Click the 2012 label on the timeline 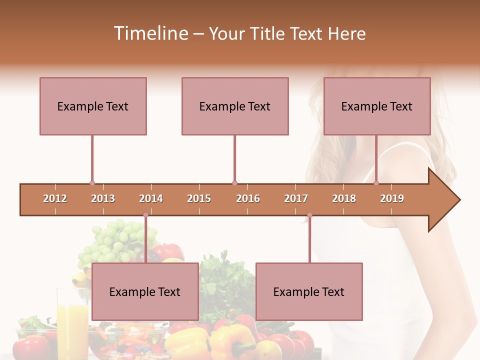[x=55, y=198]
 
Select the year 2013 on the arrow [x=103, y=198]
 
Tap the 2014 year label [x=151, y=198]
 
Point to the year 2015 [x=199, y=198]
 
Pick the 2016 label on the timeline [x=248, y=198]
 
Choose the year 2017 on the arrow [x=296, y=198]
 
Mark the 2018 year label [x=344, y=198]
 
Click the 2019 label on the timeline [x=392, y=198]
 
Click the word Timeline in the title [x=149, y=33]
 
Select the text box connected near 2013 [x=93, y=106]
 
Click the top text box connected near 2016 [x=235, y=106]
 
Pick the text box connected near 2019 [x=377, y=106]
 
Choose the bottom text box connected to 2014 [x=145, y=291]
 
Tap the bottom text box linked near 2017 [x=309, y=291]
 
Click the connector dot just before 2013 [x=92, y=183]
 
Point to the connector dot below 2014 [x=145, y=215]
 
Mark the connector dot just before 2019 [x=376, y=183]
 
